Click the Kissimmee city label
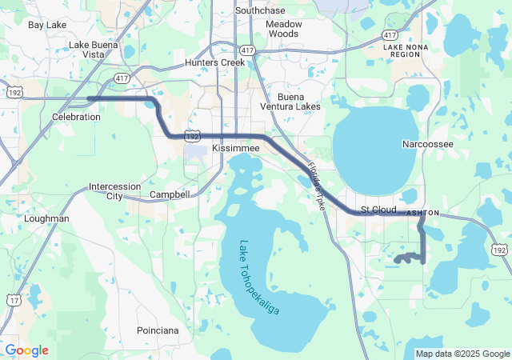pos(237,150)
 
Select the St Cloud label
pos(378,210)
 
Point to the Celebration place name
pos(76,117)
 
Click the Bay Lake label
pos(47,25)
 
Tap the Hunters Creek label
pos(213,62)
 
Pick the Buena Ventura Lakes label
pos(290,101)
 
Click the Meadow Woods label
pos(284,29)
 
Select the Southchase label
pos(261,10)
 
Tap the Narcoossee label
pos(427,144)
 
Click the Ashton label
pos(423,214)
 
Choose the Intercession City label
pos(115,191)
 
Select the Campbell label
pos(170,194)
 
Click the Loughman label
pos(47,218)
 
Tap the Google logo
pos(27,350)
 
